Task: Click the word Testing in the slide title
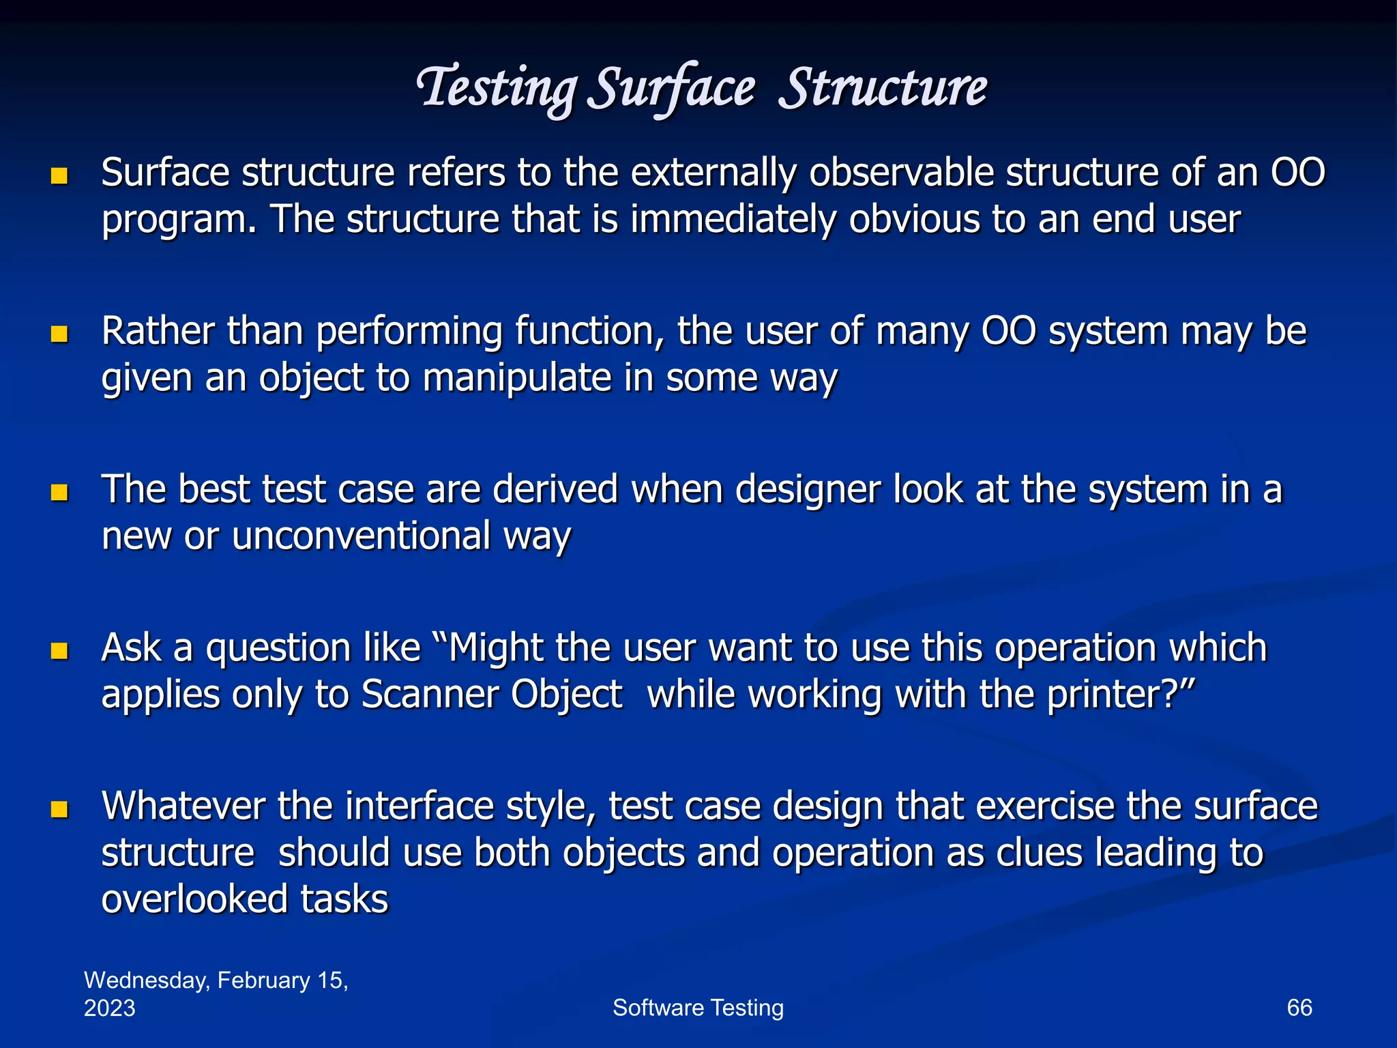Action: (497, 89)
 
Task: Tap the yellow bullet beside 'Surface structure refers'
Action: (59, 177)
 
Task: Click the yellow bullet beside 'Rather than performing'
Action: (59, 334)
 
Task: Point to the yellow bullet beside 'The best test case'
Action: (59, 493)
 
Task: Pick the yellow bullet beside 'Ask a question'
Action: (59, 651)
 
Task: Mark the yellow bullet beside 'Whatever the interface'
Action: (59, 809)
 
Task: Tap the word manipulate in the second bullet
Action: (516, 378)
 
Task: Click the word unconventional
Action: (361, 536)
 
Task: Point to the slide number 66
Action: (1299, 1008)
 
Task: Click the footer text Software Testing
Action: (698, 1008)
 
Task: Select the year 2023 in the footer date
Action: (110, 1008)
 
